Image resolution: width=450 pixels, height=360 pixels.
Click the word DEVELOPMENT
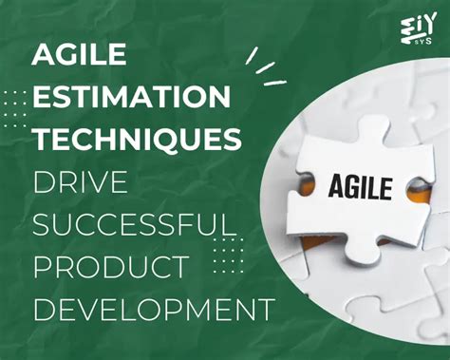coord(153,309)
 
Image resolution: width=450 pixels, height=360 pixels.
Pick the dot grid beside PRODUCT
coord(226,254)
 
